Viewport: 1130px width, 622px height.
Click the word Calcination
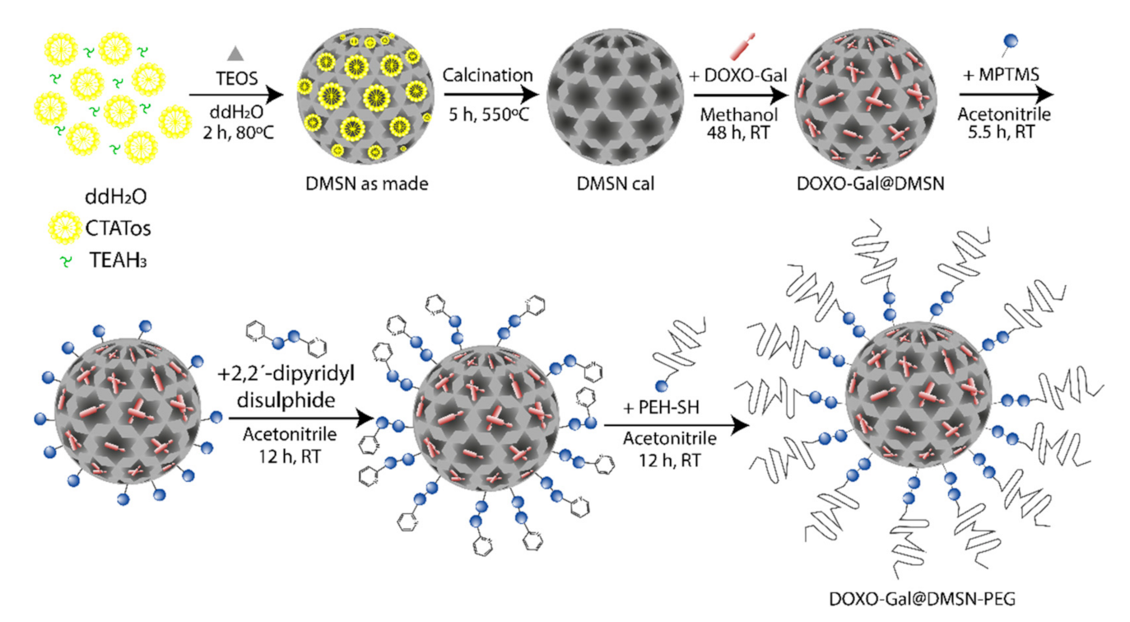click(x=487, y=76)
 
